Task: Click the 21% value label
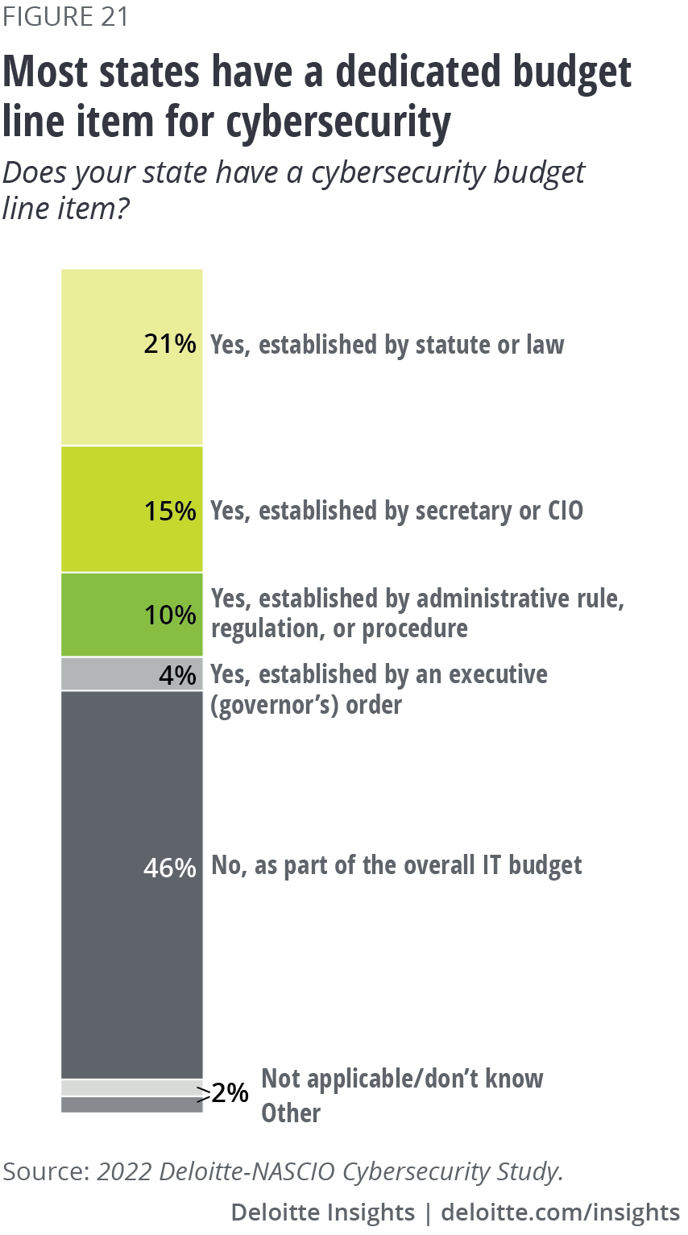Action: point(170,344)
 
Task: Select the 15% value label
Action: point(170,511)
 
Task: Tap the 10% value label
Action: point(170,615)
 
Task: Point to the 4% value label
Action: point(177,674)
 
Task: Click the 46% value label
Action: point(170,868)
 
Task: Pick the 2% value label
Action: point(230,1093)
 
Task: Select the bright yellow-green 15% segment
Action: point(97,509)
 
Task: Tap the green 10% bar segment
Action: point(97,615)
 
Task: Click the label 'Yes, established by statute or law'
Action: point(388,345)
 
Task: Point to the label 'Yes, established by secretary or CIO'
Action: point(396,511)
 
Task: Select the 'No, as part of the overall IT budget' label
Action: point(396,865)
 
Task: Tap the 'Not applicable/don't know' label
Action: point(403,1079)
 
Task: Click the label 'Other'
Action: point(291,1113)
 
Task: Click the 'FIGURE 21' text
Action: point(65,17)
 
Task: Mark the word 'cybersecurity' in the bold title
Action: point(338,122)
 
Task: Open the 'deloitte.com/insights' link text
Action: point(561,1212)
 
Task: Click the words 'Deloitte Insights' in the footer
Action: point(322,1212)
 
